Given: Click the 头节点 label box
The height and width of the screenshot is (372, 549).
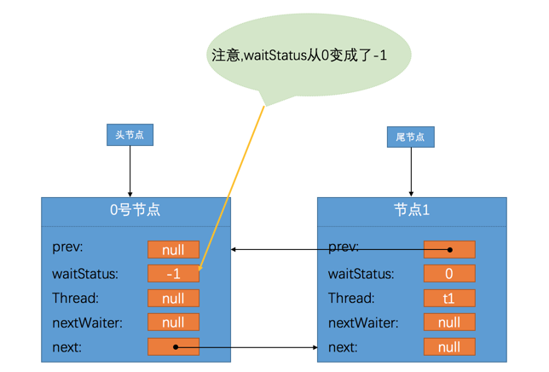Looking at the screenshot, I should point(130,135).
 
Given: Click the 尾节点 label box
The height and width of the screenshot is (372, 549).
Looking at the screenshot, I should point(411,137).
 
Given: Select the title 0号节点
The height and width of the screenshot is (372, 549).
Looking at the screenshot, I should point(136,210).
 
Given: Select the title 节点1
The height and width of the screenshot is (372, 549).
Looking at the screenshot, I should point(412,210).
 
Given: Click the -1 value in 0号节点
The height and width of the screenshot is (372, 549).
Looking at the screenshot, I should point(173,274).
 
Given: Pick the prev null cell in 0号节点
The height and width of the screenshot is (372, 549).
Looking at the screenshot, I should point(173,250).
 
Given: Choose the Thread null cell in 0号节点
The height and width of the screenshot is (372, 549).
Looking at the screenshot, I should point(173,299).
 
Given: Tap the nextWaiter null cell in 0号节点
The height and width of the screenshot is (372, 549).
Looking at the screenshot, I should point(173,323).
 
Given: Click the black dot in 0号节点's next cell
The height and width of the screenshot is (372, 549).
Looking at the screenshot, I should point(176,347).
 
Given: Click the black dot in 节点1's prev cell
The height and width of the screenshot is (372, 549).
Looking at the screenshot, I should point(451,250).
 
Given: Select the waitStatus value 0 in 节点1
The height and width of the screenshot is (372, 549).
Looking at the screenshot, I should point(449,274).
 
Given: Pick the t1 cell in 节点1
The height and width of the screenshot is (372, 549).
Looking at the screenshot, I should point(449,299).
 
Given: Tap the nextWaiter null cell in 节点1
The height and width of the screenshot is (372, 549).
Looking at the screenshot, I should point(449,323).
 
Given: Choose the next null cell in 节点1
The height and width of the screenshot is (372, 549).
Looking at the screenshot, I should point(449,347).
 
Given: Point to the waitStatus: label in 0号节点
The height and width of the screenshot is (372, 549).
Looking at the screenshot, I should point(85,274).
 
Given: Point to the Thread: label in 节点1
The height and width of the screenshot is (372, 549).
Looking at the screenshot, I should point(351,299).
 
